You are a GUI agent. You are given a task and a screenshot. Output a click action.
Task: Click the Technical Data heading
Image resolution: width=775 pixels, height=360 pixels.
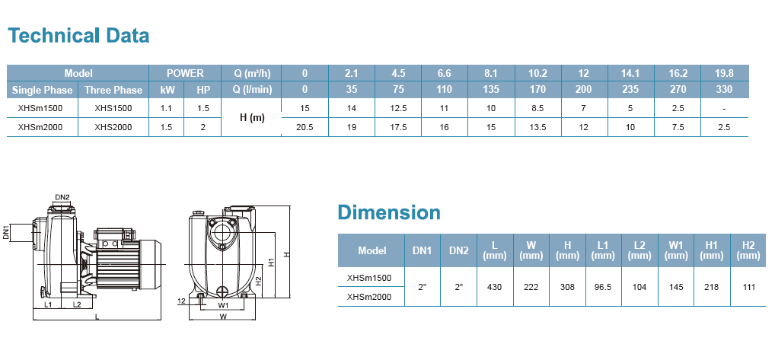(x=78, y=36)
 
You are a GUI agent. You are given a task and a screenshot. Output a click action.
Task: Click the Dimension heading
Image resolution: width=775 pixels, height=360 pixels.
(x=389, y=212)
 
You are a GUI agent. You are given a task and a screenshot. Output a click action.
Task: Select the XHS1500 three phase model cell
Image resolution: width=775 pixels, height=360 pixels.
(x=113, y=108)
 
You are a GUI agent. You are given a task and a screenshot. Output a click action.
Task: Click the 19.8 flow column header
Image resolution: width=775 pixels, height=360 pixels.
(x=724, y=73)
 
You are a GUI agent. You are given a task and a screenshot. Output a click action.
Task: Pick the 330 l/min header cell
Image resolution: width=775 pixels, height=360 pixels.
(x=724, y=89)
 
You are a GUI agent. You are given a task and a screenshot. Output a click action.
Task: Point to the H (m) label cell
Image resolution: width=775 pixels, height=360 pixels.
(x=251, y=117)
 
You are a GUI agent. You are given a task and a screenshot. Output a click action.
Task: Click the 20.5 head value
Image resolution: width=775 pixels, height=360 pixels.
(x=305, y=127)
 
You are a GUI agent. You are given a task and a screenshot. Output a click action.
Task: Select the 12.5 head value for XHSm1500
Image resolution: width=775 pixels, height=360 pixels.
(x=398, y=108)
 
